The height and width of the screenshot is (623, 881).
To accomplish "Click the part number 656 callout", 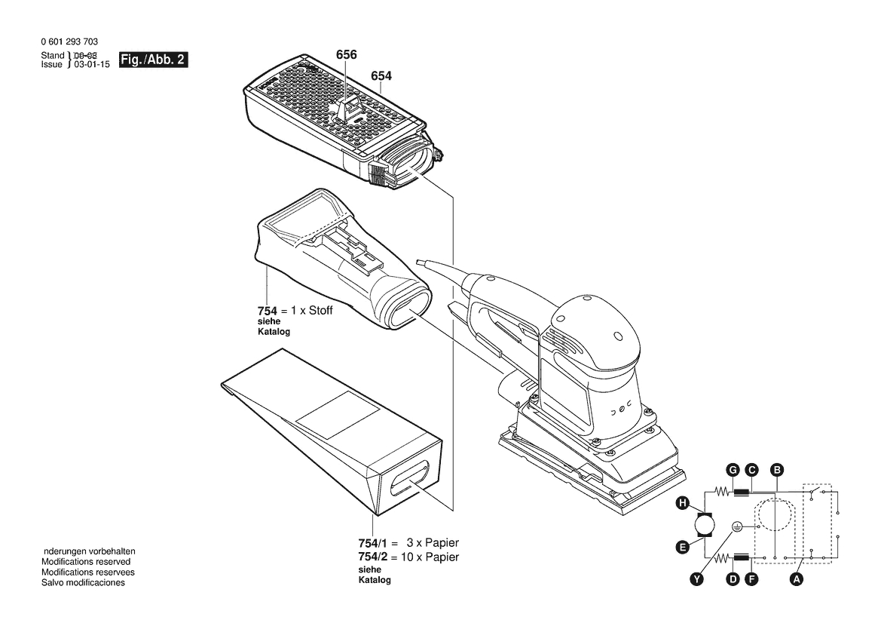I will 347,55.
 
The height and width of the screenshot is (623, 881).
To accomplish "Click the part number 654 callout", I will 381,75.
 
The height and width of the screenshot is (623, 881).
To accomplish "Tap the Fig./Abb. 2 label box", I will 154,60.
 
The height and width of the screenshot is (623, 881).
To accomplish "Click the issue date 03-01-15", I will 90,65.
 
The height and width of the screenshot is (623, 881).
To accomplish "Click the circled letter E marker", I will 682,548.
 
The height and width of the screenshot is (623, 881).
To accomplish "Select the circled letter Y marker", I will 697,579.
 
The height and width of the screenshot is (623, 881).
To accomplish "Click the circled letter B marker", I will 775,471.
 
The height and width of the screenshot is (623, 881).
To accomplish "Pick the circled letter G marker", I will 732,471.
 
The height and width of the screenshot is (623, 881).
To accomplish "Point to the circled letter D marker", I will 732,579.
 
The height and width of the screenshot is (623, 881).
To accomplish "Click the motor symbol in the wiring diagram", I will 706,525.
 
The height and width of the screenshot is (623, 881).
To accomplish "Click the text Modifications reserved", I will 86,562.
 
